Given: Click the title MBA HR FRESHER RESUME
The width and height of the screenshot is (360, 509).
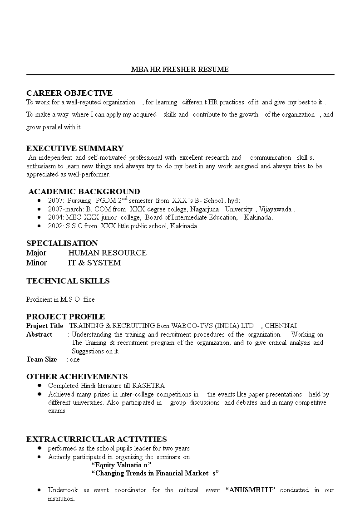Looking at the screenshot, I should pos(180,69).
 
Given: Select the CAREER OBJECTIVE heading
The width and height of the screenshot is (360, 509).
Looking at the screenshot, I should pos(69,93).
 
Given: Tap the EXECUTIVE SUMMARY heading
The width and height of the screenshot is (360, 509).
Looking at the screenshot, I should pos(75,148).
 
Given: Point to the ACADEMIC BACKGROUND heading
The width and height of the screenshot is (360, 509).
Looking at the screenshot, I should pos(84,191).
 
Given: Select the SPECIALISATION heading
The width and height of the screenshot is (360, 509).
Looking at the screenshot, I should pos(62,243).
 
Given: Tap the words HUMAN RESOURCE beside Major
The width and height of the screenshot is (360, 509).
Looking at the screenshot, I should pos(107,253).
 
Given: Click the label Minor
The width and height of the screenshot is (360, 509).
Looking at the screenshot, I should pos(36,263).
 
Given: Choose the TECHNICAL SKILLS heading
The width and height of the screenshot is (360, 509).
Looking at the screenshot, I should pos(68,281).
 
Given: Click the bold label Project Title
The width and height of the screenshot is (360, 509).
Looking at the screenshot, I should pos(45,326).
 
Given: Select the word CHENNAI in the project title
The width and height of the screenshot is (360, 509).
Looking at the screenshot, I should pos(281,326).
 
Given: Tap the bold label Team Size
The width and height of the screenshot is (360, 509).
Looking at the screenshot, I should pos(42,359).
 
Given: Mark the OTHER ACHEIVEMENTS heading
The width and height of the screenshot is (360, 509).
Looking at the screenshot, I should pos(77,377).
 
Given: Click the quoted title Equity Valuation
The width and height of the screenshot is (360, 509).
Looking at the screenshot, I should pos(121,465).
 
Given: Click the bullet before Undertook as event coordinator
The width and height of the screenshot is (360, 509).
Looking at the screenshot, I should pos(39,490).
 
